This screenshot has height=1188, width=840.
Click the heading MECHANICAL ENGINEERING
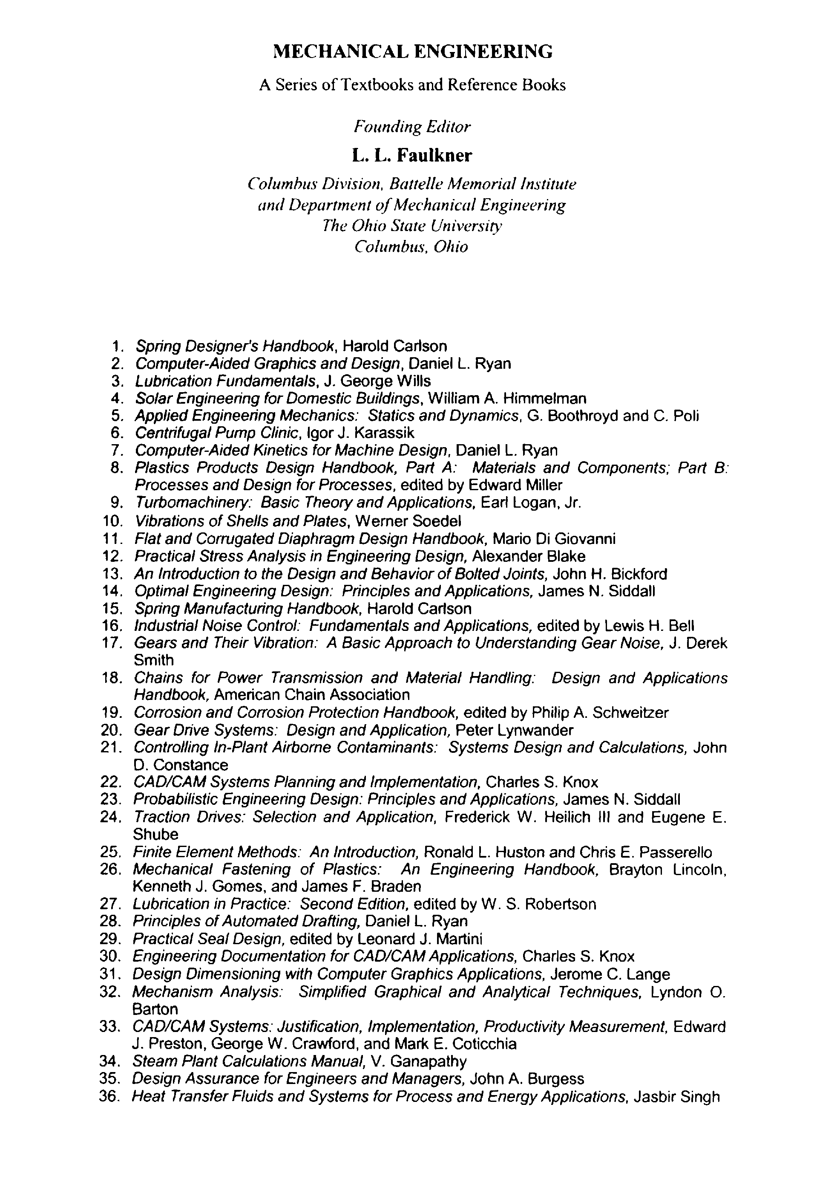tap(412, 51)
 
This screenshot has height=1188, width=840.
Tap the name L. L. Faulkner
tap(412, 155)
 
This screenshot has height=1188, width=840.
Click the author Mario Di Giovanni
tap(554, 539)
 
